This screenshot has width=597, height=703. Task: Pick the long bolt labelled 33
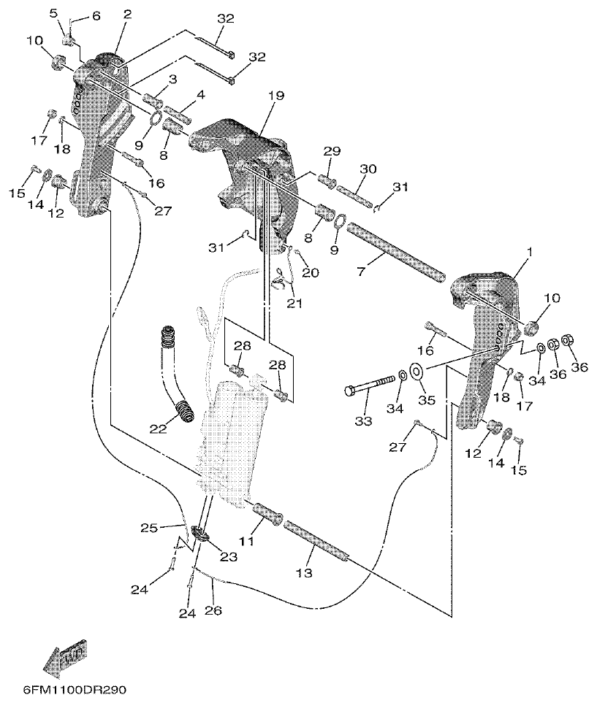(x=369, y=386)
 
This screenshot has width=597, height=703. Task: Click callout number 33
(x=363, y=421)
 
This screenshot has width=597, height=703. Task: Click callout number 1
(x=530, y=252)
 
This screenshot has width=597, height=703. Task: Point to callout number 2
(x=127, y=14)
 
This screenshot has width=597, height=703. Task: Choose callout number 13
(x=305, y=573)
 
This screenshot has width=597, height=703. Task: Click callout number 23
(x=228, y=557)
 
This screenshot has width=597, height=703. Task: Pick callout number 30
(x=368, y=169)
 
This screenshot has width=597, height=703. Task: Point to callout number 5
(x=53, y=14)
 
